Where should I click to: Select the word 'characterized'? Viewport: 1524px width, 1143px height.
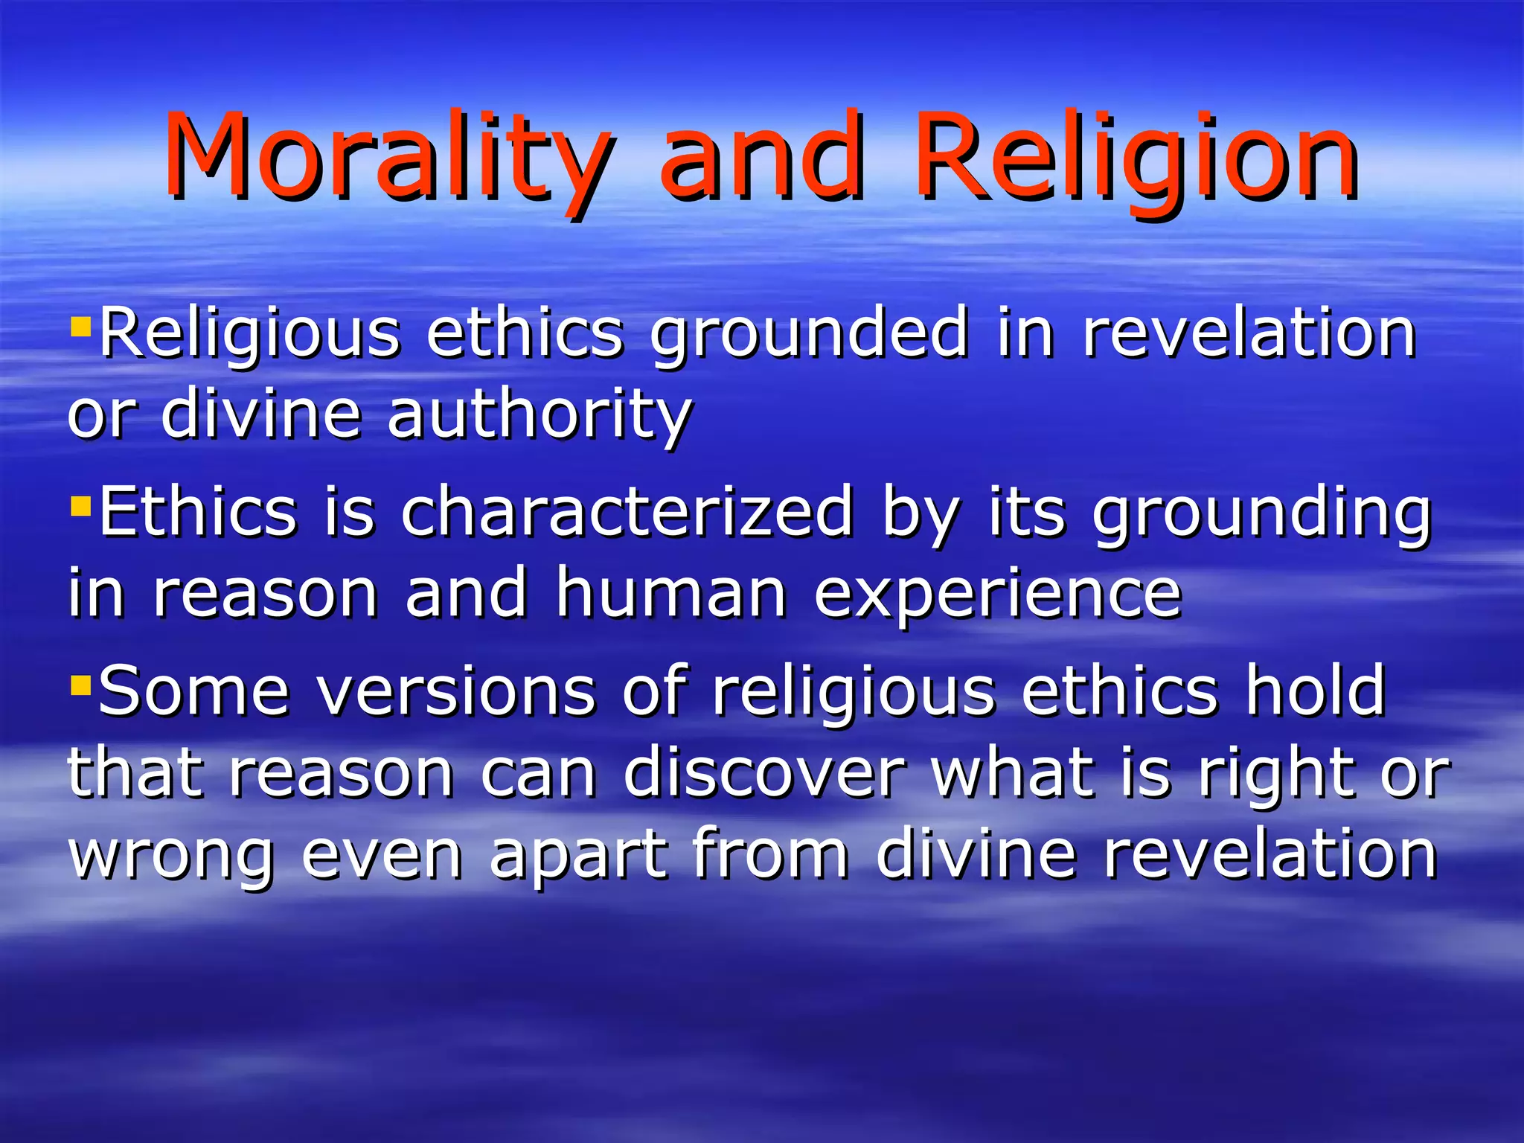point(627,512)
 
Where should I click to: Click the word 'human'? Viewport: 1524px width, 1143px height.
point(671,593)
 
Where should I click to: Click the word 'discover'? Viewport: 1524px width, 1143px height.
point(764,773)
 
